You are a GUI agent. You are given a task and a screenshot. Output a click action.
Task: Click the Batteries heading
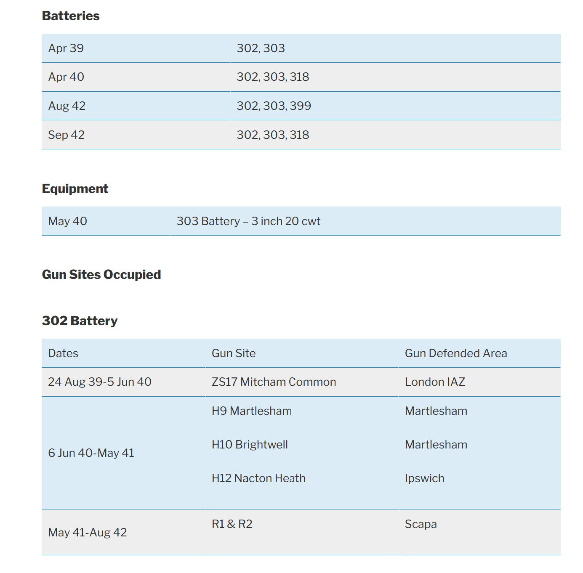[71, 16]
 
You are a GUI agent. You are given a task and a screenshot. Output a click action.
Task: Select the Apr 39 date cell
[66, 48]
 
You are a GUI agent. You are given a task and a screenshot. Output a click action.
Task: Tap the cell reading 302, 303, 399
[274, 106]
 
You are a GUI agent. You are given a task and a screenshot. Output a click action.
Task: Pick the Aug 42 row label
[67, 106]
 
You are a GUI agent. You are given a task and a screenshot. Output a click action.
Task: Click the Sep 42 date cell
[67, 135]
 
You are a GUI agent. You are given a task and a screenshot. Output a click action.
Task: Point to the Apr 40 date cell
[66, 77]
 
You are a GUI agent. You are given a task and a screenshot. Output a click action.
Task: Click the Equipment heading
[75, 189]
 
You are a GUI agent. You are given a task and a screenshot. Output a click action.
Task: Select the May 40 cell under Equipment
[68, 221]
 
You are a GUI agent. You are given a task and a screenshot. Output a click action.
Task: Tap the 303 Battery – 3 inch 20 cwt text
[248, 221]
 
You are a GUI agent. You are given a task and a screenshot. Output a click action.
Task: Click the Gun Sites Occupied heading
[101, 275]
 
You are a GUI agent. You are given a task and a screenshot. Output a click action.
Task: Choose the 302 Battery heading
[80, 321]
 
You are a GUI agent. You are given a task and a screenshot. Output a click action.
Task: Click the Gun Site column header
[234, 353]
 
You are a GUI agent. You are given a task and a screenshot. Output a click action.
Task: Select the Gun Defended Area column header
[456, 353]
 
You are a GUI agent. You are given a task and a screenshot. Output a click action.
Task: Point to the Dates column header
[63, 353]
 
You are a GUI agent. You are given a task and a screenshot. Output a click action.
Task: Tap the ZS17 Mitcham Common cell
[274, 382]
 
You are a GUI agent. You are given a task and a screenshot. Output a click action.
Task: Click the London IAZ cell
[435, 382]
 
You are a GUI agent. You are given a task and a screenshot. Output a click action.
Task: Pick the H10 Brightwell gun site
[250, 445]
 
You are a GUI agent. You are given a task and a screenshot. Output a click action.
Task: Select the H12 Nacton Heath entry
[258, 478]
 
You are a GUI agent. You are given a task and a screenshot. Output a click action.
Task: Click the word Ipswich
[424, 478]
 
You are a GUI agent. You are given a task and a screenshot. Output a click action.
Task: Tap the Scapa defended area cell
[421, 524]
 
